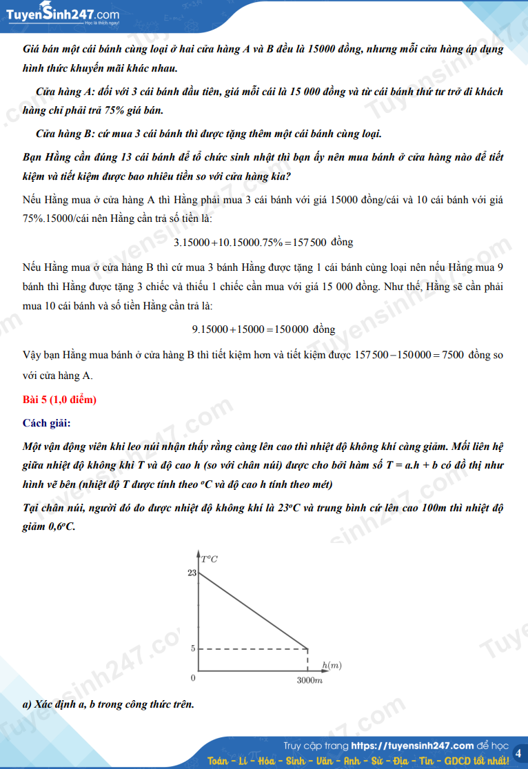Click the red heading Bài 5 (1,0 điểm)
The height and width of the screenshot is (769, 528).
coord(59,400)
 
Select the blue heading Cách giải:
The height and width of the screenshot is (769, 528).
coord(46,422)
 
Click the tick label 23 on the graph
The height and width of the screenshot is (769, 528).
coord(192,573)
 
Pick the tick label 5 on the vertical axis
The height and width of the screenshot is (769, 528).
coord(193,648)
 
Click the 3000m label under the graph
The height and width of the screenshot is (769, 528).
coord(309,681)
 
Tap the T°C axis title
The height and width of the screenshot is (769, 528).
coord(210,558)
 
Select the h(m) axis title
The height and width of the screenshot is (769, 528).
coord(332,665)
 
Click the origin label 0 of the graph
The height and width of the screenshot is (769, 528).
coord(193,679)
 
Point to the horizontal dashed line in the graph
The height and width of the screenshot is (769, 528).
coord(252,648)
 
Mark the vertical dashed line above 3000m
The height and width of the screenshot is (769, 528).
coord(307,659)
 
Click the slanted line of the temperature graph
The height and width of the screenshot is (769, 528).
coord(252,611)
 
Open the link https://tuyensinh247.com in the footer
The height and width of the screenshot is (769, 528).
coord(412,746)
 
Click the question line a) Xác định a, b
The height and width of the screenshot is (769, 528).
coord(108,704)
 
